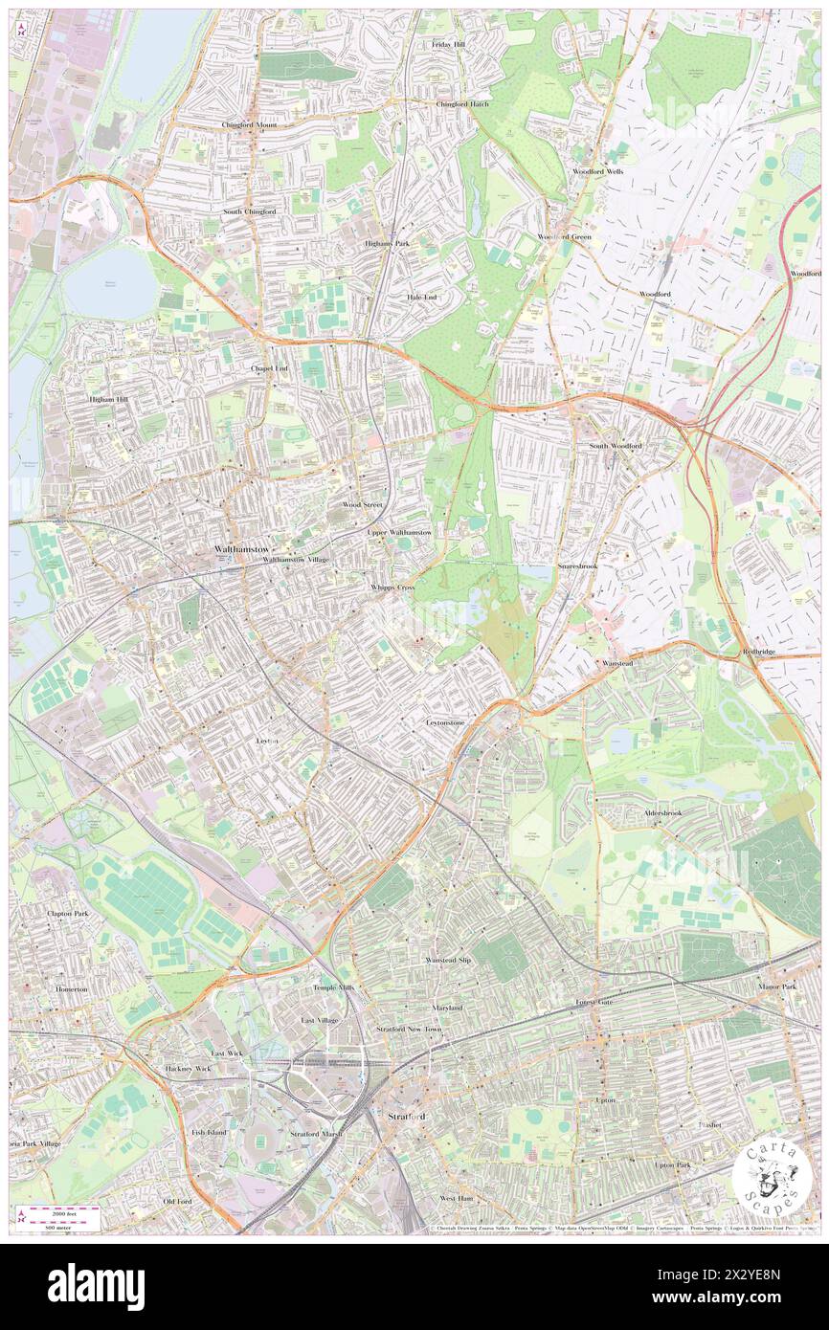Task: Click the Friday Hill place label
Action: [447, 45]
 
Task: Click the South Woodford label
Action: [616, 446]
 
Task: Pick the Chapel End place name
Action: [269, 367]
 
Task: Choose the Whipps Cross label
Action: [392, 587]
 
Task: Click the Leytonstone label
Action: [445, 722]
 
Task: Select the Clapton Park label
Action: [67, 914]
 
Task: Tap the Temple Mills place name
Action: [333, 987]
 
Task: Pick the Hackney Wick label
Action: [188, 1068]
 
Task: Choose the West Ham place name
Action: [457, 1198]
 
